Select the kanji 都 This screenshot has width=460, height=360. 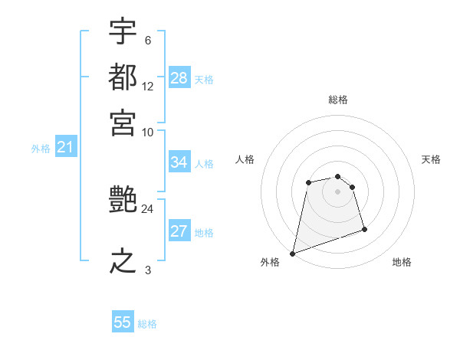[123, 77]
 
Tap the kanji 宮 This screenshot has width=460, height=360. [123, 123]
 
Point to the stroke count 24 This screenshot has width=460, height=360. [147, 208]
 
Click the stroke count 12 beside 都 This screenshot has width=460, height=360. [148, 87]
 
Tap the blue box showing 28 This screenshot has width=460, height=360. [179, 78]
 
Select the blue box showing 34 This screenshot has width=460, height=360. [179, 162]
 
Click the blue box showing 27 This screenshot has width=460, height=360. [179, 232]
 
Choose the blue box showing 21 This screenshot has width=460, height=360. [64, 148]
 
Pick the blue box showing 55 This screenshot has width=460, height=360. [123, 322]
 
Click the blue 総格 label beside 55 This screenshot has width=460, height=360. [147, 324]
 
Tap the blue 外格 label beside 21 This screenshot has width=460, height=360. [41, 149]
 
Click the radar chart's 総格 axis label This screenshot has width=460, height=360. [338, 100]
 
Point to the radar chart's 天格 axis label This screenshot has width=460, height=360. [431, 159]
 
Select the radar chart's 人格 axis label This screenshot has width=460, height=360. [245, 159]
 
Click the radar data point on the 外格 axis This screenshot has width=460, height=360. [292, 253]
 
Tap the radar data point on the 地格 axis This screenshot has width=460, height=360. [364, 229]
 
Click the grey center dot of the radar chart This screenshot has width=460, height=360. [338, 191]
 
